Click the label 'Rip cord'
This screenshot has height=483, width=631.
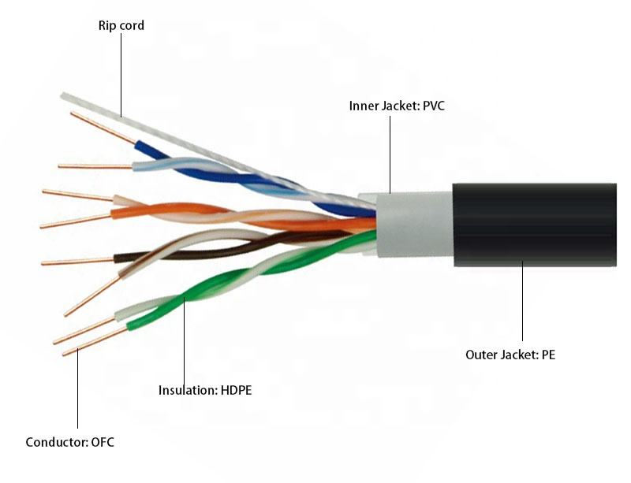(x=121, y=26)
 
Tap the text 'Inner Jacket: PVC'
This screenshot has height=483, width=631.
(x=397, y=105)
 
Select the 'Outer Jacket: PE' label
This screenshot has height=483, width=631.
(x=510, y=355)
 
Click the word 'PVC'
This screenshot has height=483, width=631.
(x=432, y=105)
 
